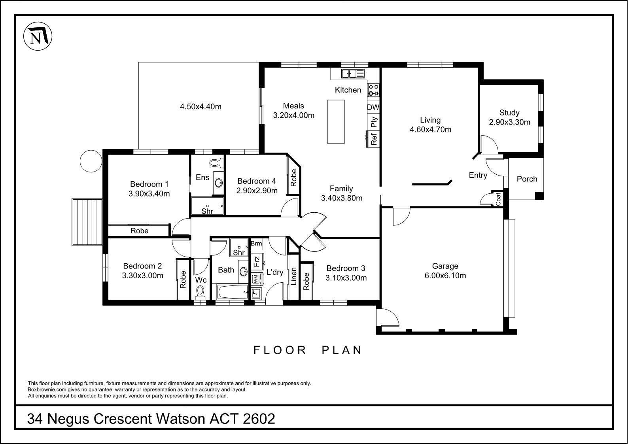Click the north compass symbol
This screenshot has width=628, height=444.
tap(38, 37)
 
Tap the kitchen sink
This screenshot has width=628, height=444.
tap(353, 73)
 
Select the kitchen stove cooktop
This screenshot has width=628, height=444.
tap(374, 90)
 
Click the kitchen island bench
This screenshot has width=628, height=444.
tap(336, 121)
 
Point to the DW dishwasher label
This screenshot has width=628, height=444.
tap(373, 107)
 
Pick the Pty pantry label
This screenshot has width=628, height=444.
tap(374, 122)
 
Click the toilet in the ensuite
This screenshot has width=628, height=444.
tap(216, 162)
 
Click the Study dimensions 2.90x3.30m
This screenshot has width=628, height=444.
tap(509, 122)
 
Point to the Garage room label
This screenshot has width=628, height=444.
tap(445, 266)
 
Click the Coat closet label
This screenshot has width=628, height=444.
tap(498, 199)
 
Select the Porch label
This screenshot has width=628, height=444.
tap(527, 179)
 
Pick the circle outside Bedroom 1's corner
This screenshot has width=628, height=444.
tap(91, 161)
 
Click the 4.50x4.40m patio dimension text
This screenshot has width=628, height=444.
tap(201, 106)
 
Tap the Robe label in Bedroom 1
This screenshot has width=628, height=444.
tap(139, 231)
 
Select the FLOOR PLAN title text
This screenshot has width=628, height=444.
tap(308, 350)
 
